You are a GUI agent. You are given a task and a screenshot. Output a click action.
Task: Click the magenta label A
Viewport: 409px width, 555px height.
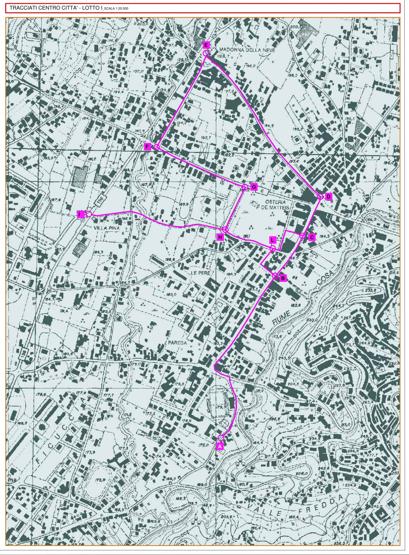(x=220, y=446)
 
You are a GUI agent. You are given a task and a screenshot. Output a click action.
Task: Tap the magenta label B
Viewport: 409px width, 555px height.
(x=283, y=278)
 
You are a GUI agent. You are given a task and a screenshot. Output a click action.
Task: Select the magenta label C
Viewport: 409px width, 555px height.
(x=312, y=237)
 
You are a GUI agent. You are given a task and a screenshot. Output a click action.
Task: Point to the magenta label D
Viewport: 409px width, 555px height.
(x=329, y=197)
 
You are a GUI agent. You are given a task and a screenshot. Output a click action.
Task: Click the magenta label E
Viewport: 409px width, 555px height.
(x=206, y=45)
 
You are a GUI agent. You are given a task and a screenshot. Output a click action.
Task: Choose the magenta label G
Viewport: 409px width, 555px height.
(x=254, y=187)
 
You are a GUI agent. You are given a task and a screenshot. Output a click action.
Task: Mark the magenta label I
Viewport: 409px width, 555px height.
(x=79, y=214)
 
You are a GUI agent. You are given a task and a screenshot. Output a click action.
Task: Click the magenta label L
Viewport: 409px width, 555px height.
(x=272, y=240)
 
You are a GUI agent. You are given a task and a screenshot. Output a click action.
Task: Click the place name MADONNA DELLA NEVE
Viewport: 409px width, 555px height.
(x=247, y=50)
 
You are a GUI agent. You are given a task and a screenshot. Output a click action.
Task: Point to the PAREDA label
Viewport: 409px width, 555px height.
(x=177, y=343)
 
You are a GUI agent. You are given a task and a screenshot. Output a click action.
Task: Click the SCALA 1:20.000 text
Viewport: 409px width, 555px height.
(x=116, y=9)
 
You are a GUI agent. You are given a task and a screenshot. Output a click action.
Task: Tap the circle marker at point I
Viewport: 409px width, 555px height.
(x=89, y=214)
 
